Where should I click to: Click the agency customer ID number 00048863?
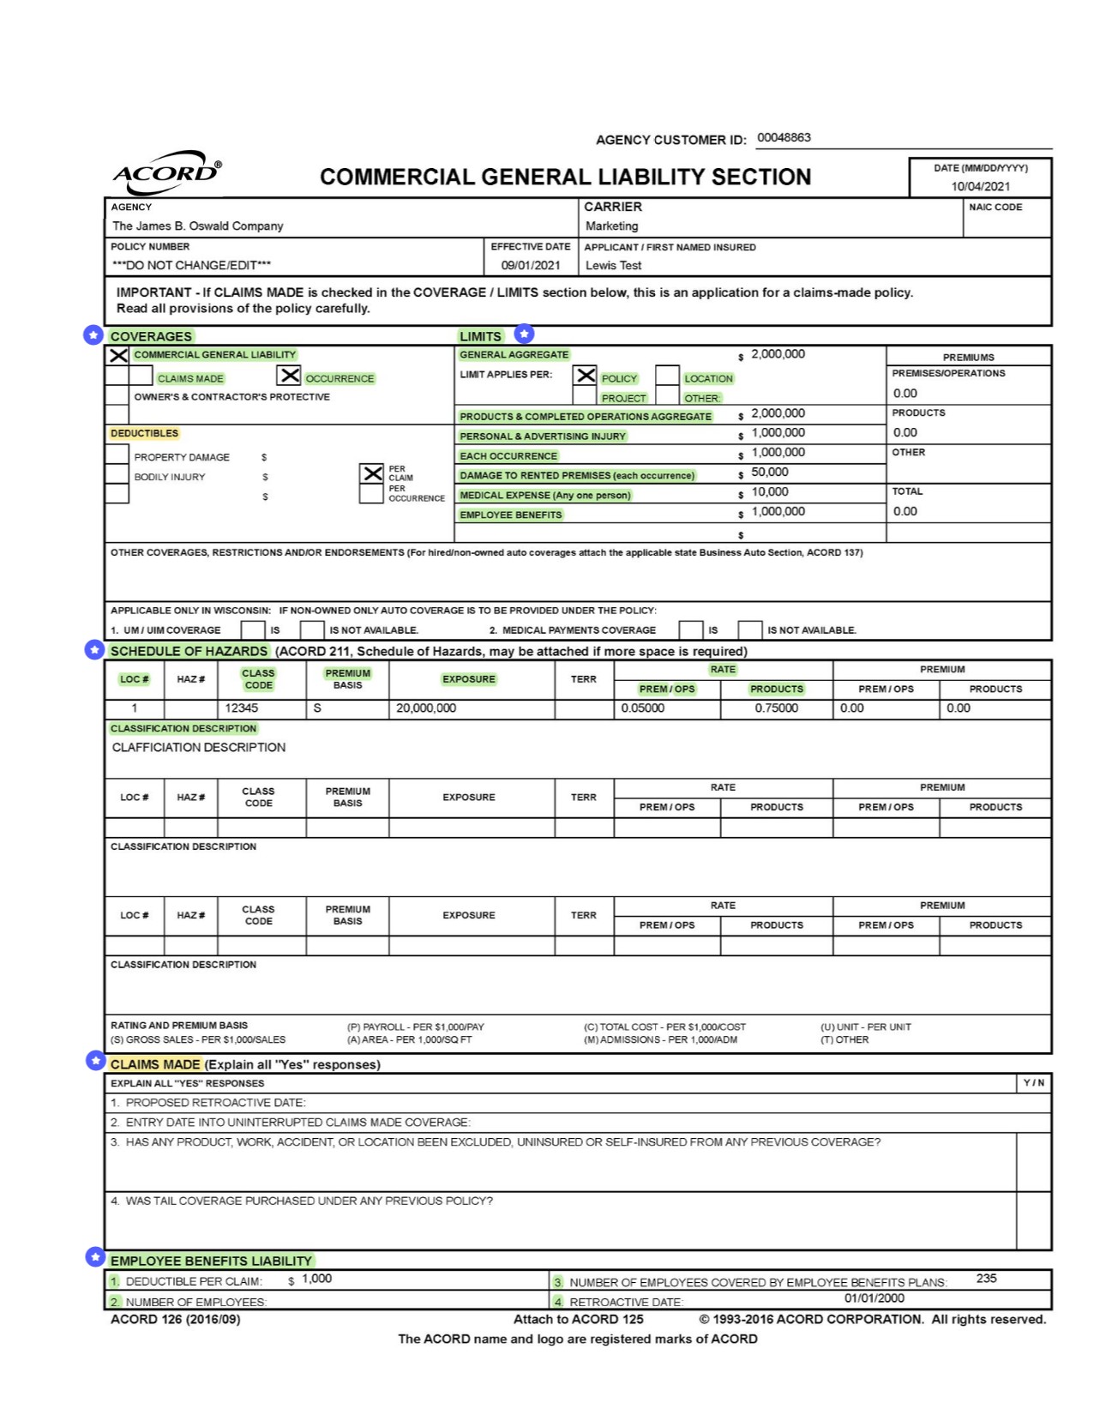click(784, 138)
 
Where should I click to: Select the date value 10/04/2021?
click(980, 186)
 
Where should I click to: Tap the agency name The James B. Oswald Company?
click(197, 226)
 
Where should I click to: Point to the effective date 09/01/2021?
click(531, 266)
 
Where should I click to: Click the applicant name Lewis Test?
click(613, 266)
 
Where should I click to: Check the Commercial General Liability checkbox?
click(118, 355)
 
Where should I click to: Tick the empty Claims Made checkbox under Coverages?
click(142, 376)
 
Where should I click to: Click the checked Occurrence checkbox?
click(290, 376)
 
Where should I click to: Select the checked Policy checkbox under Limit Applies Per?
click(586, 376)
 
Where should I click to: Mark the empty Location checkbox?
click(667, 376)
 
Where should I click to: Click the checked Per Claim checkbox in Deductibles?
click(372, 473)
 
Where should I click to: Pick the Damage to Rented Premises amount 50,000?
click(769, 473)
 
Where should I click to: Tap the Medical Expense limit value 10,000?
click(769, 492)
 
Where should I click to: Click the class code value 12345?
click(241, 708)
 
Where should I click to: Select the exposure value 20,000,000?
click(425, 708)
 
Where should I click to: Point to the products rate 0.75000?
click(776, 708)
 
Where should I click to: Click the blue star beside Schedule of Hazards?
click(94, 650)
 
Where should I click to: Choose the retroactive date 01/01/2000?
click(874, 1298)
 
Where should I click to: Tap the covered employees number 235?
click(986, 1279)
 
